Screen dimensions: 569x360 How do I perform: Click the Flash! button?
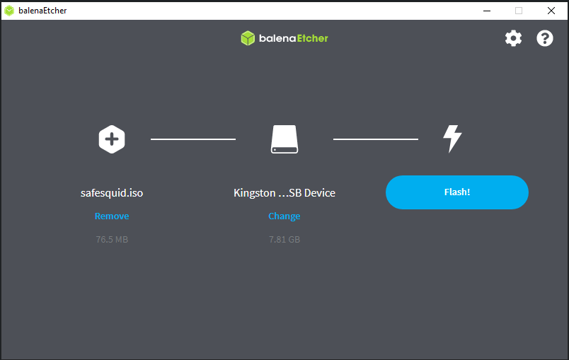[457, 192]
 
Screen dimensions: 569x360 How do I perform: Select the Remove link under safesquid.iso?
[112, 216]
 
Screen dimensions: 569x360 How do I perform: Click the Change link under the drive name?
[284, 216]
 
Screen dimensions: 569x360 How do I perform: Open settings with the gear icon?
[513, 38]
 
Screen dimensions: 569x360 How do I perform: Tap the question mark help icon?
[545, 38]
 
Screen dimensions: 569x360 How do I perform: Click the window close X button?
[551, 11]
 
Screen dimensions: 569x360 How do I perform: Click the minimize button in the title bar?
[487, 11]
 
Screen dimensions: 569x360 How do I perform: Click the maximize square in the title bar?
[519, 11]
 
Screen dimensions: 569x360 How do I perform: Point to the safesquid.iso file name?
[112, 193]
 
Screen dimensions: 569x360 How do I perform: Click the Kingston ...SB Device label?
[284, 193]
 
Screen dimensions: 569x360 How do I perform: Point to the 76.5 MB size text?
[112, 239]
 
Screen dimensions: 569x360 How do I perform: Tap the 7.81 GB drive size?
[284, 239]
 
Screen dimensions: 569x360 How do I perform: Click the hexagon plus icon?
[112, 139]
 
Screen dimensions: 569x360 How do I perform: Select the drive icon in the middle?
[284, 139]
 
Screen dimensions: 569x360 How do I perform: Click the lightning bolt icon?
[452, 139]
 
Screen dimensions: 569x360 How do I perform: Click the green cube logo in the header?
[248, 38]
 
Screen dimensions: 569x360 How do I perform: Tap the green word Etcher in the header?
[312, 38]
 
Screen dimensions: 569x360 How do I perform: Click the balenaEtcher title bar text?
[42, 11]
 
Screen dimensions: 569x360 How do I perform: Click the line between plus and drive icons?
[193, 139]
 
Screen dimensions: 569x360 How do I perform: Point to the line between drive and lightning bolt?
[376, 139]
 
